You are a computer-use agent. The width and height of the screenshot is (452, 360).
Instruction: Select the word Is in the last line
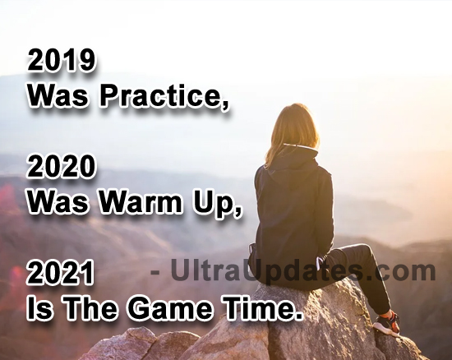pos(37,309)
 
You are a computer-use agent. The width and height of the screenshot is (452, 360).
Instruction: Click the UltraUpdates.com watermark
pos(293,270)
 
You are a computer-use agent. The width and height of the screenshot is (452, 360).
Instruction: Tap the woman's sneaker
pos(387,324)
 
